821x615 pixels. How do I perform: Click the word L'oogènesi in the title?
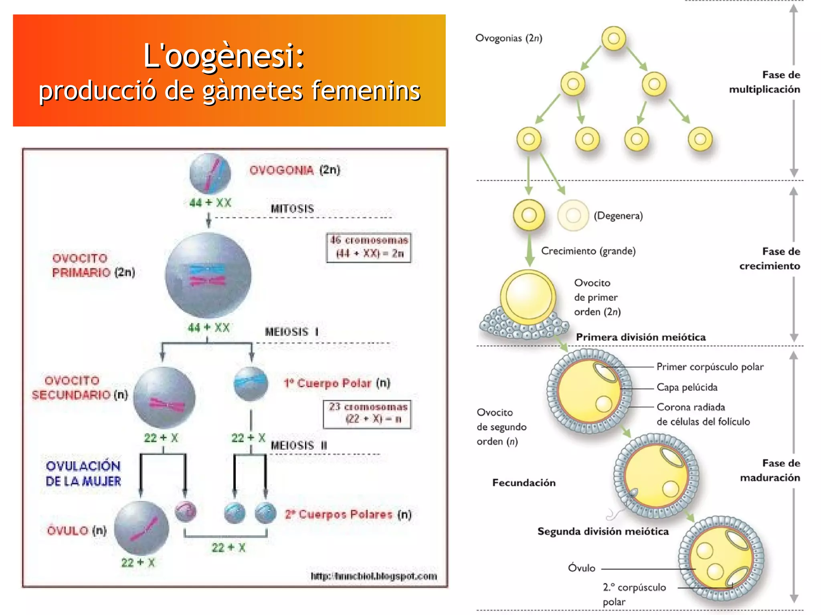[224, 56]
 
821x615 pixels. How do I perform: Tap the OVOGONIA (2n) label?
[295, 170]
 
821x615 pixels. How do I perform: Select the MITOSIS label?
[292, 209]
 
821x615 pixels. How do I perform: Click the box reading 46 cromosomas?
[369, 247]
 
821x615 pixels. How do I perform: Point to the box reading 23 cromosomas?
[367, 413]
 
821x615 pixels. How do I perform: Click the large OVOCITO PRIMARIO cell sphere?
[208, 276]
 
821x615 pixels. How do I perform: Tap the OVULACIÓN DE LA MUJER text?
[83, 473]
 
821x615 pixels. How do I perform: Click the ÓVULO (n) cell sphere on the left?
[141, 528]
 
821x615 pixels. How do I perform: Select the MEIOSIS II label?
[299, 446]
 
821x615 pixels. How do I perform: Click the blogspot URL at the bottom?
[374, 576]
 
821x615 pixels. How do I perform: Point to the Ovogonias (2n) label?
[508, 38]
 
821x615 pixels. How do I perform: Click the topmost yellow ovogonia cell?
[613, 38]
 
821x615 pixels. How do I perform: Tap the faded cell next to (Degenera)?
[573, 216]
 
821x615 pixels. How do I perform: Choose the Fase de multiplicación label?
[764, 82]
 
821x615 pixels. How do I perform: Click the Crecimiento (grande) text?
[588, 251]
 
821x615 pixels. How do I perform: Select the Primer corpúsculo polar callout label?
[710, 367]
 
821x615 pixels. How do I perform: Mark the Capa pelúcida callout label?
[687, 387]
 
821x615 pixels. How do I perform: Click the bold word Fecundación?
[524, 483]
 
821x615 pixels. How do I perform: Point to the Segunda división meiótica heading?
[603, 532]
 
